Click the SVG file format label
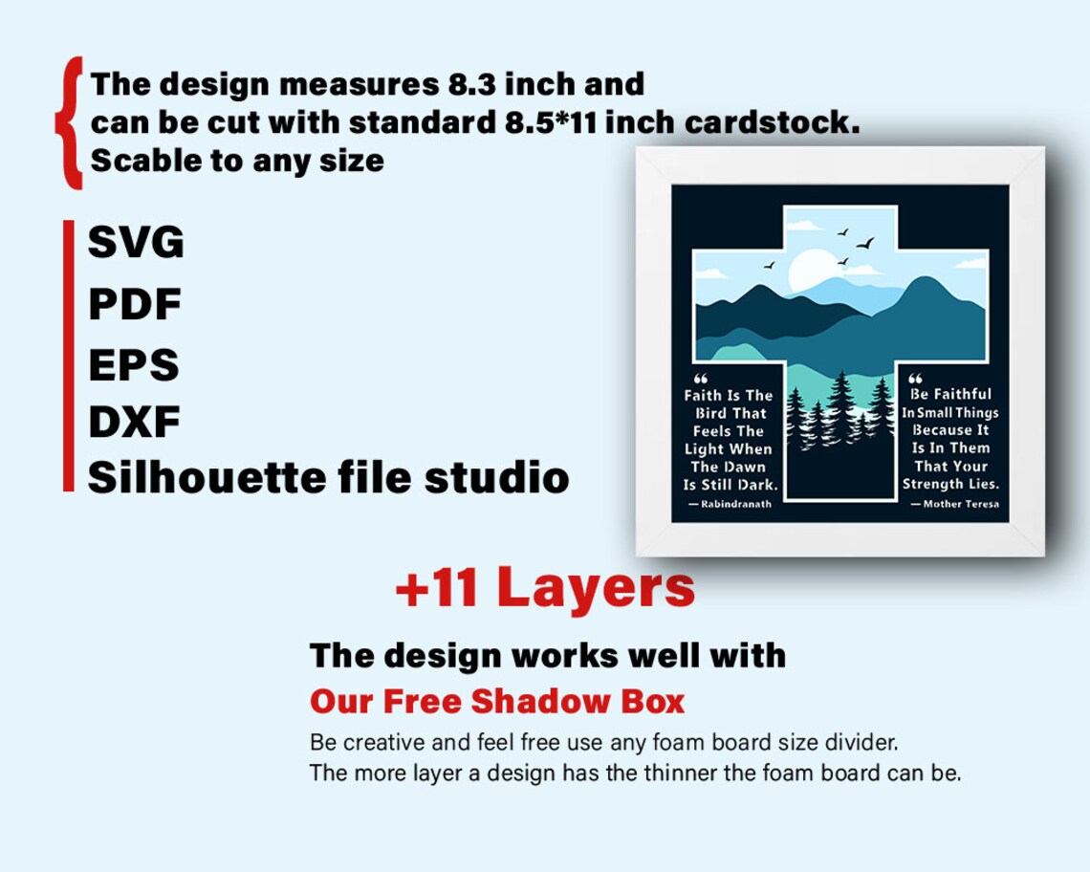pyautogui.click(x=136, y=243)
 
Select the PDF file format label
pyautogui.click(x=135, y=305)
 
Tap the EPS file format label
pyautogui.click(x=134, y=365)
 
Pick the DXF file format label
pyautogui.click(x=134, y=422)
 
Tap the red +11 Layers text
pyautogui.click(x=545, y=587)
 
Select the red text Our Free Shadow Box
pyautogui.click(x=497, y=702)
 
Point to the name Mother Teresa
pyautogui.click(x=961, y=504)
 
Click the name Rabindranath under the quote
pyautogui.click(x=734, y=504)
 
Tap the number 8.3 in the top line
pyautogui.click(x=471, y=84)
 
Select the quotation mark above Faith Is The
pyautogui.click(x=699, y=379)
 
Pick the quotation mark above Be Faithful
pyautogui.click(x=915, y=379)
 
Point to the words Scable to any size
pyautogui.click(x=237, y=160)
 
